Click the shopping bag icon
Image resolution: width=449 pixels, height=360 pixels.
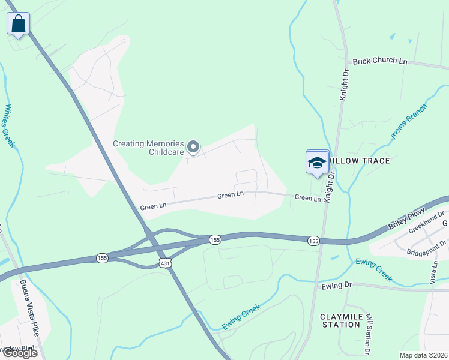point(19,25)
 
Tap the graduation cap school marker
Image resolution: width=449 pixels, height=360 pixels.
point(317,163)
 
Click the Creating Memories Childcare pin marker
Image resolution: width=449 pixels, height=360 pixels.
point(193,146)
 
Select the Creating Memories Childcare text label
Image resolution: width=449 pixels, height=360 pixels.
point(148,148)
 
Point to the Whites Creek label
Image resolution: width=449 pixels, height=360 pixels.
point(9,125)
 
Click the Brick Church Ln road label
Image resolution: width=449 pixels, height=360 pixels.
point(380,61)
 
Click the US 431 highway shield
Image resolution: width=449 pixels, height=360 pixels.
point(166,263)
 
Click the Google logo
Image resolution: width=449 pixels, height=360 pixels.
point(20,353)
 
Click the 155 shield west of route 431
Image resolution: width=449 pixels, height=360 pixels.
point(102,258)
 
